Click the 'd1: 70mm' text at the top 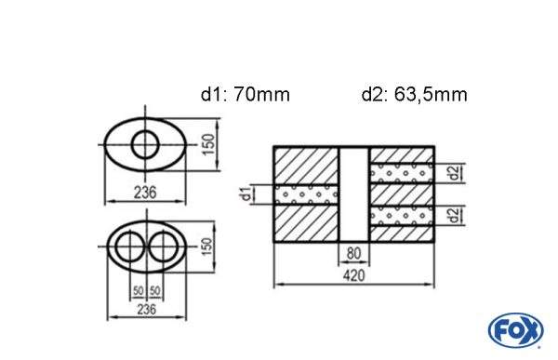246,94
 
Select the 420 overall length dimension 353,275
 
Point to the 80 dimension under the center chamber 353,253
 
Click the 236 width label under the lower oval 144,310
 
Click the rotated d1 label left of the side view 245,194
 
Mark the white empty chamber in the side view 353,193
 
